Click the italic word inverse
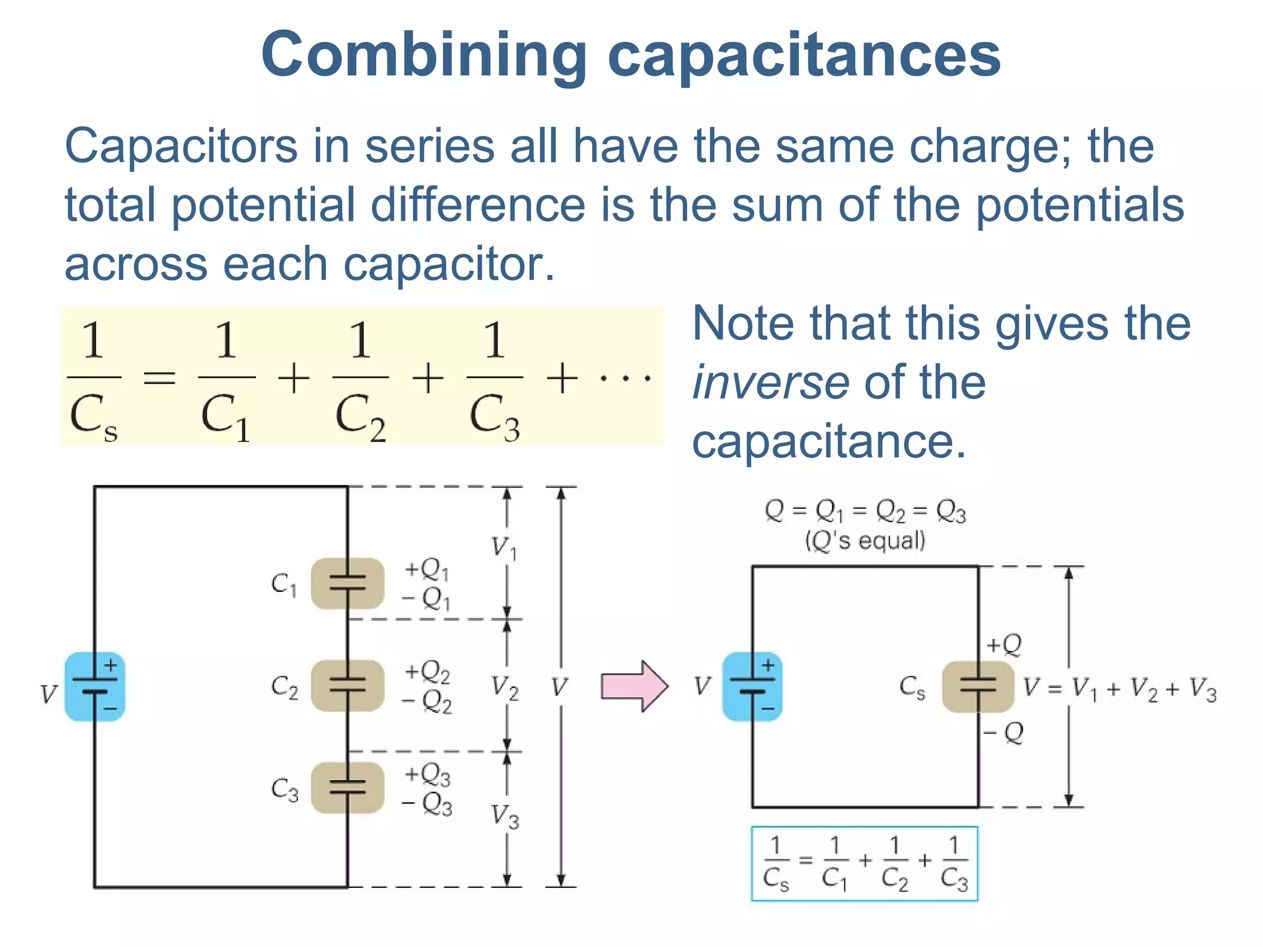pos(771,383)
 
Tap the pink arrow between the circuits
pos(634,686)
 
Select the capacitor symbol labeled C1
pos(347,583)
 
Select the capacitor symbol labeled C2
pos(347,686)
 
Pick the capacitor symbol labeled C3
pos(347,788)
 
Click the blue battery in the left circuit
pos(95,686)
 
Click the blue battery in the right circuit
pos(752,686)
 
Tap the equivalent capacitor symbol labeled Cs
pos(978,686)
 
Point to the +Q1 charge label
pos(427,570)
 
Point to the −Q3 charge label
pos(427,804)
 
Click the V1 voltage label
pos(504,547)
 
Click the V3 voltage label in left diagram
pos(505,816)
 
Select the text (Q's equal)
pos(865,541)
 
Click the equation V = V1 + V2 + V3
pos(1119,688)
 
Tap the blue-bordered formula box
pos(865,864)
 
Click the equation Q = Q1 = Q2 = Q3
pos(865,511)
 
